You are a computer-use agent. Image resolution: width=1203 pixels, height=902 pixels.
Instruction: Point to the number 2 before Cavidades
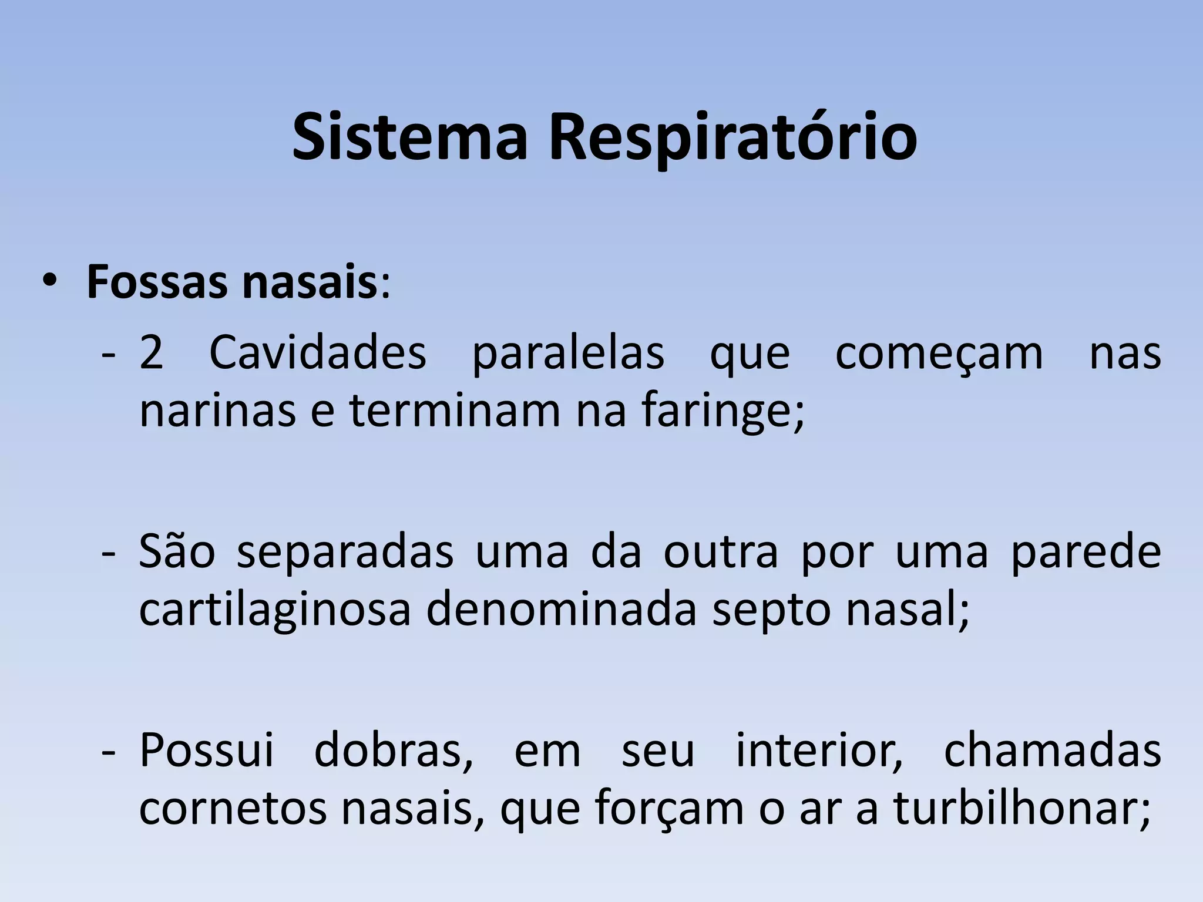(x=152, y=354)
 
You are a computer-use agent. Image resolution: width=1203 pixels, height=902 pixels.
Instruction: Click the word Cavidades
(x=317, y=354)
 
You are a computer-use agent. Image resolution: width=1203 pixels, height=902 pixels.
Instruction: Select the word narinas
(x=217, y=411)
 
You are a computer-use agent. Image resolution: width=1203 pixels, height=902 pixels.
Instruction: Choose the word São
(x=177, y=553)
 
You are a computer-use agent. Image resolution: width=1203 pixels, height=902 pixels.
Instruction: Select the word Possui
(x=207, y=750)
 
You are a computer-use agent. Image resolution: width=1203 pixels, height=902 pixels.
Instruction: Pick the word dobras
(x=393, y=752)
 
